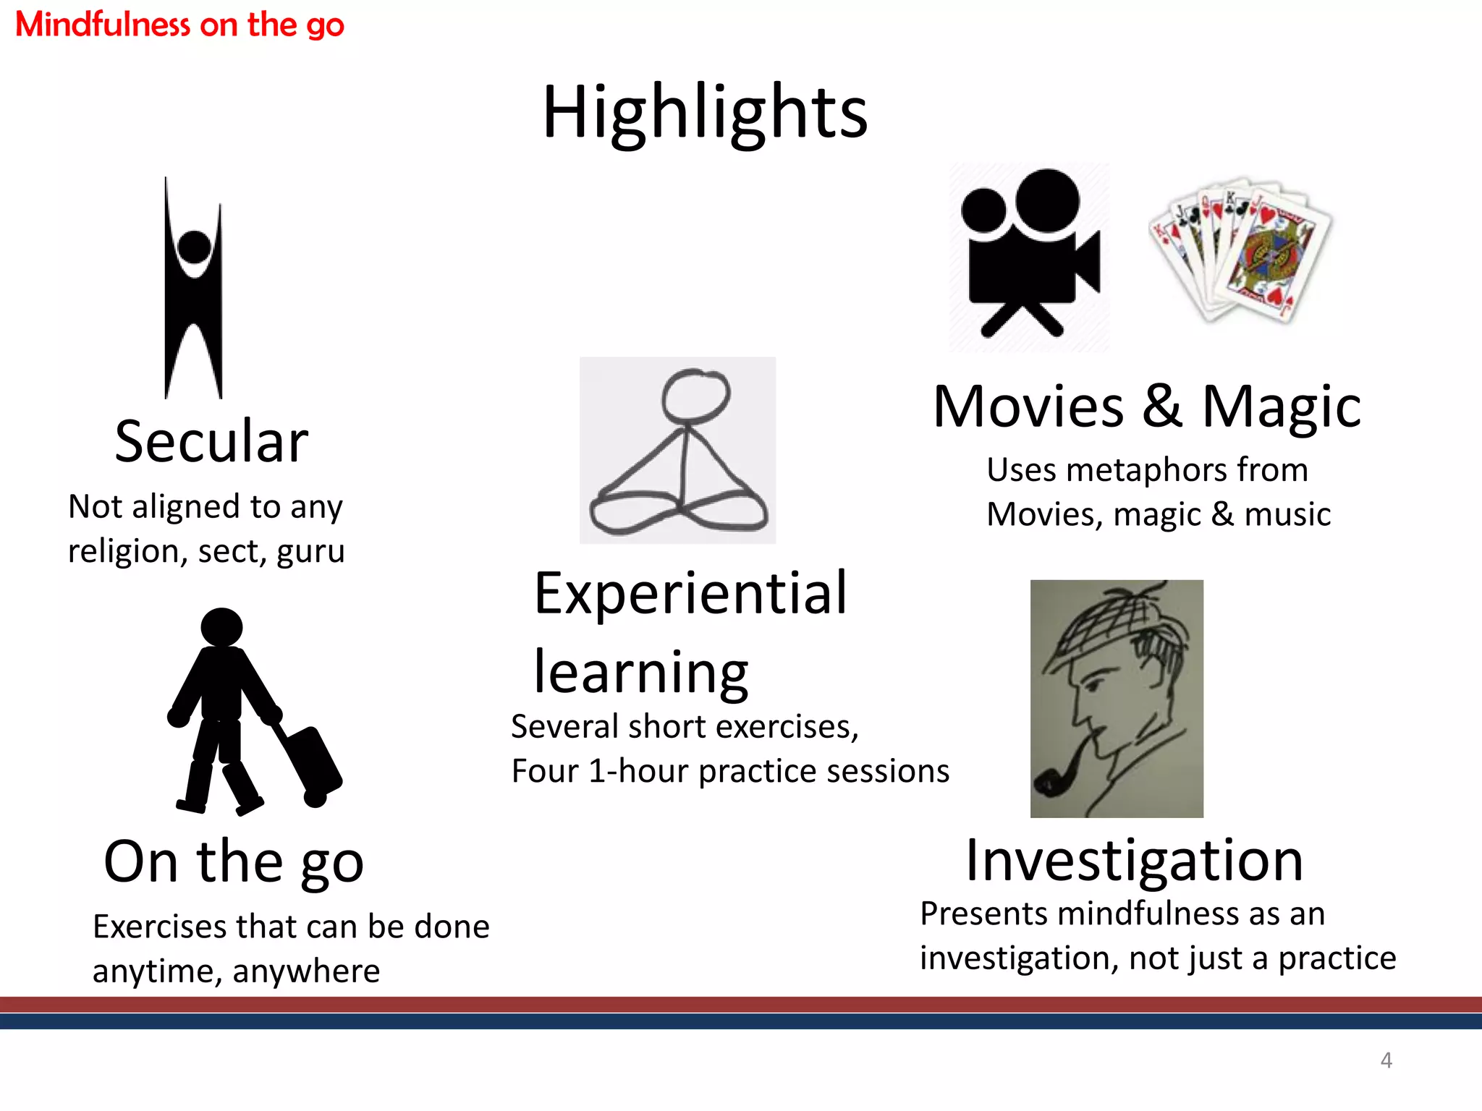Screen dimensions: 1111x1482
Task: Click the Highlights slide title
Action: click(x=705, y=113)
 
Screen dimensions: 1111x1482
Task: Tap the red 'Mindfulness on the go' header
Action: click(x=179, y=25)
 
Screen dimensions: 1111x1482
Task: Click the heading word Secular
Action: click(x=211, y=441)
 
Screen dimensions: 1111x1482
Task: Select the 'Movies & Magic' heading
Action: click(x=1147, y=406)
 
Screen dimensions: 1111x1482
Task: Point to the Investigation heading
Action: click(x=1135, y=860)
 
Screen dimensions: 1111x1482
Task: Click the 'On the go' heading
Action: click(x=234, y=861)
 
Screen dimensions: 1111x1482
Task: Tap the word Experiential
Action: click(x=690, y=593)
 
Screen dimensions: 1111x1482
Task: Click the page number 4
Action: click(x=1386, y=1060)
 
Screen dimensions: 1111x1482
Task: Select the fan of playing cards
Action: click(x=1241, y=250)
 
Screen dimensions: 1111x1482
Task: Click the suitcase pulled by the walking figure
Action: click(x=311, y=763)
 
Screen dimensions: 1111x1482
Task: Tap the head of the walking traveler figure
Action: click(x=221, y=626)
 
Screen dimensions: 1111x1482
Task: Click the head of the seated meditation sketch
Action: click(x=695, y=395)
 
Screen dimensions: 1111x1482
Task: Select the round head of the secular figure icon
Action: click(x=194, y=247)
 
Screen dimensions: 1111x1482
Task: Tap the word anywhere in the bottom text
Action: click(x=306, y=971)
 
